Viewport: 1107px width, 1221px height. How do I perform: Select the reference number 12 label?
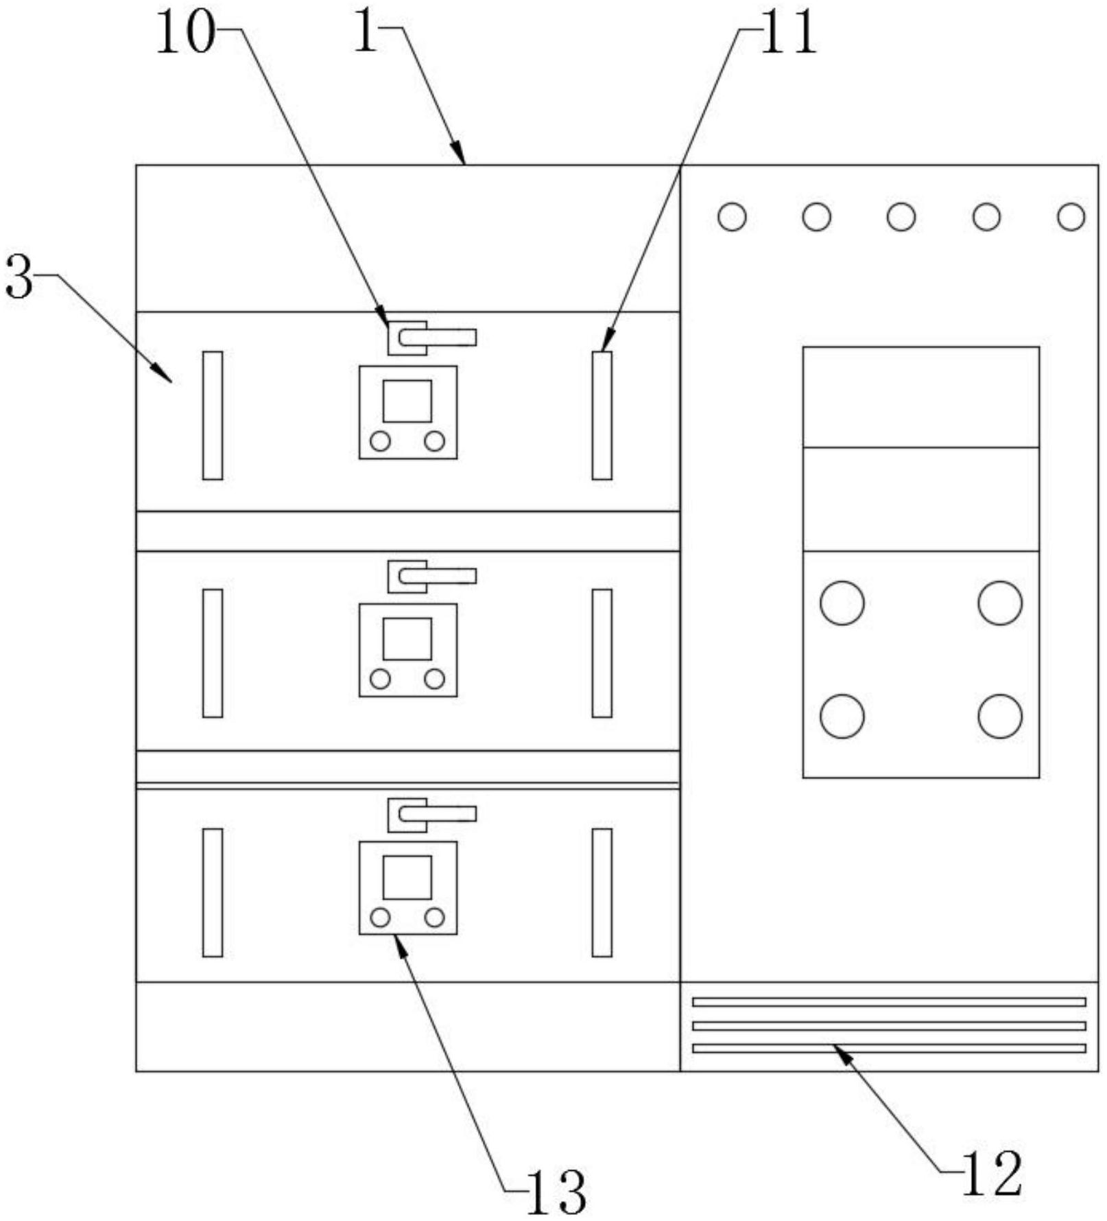pyautogui.click(x=992, y=1174)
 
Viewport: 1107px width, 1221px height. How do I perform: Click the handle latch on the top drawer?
pyautogui.click(x=432, y=337)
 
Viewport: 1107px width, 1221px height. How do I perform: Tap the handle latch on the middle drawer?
pyautogui.click(x=432, y=576)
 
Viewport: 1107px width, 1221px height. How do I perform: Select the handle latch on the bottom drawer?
pyautogui.click(x=432, y=814)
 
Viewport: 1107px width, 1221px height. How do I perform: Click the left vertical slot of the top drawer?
pyautogui.click(x=213, y=415)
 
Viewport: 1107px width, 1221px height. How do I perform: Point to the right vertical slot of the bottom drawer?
pyautogui.click(x=602, y=892)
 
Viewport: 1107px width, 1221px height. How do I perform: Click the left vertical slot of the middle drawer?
pyautogui.click(x=213, y=653)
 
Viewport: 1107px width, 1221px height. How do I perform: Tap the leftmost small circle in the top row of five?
pyautogui.click(x=732, y=217)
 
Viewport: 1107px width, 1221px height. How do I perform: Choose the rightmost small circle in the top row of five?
pyautogui.click(x=1071, y=217)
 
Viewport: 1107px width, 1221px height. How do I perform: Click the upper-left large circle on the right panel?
pyautogui.click(x=842, y=603)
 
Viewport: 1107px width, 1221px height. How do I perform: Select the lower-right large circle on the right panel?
pyautogui.click(x=1000, y=716)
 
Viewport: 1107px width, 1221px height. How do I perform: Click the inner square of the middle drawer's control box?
pyautogui.click(x=407, y=639)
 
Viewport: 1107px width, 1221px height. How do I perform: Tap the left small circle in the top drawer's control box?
pyautogui.click(x=380, y=441)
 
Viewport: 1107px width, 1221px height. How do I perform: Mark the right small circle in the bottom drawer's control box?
pyautogui.click(x=434, y=917)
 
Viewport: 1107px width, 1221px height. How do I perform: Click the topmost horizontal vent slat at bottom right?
pyautogui.click(x=889, y=1002)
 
